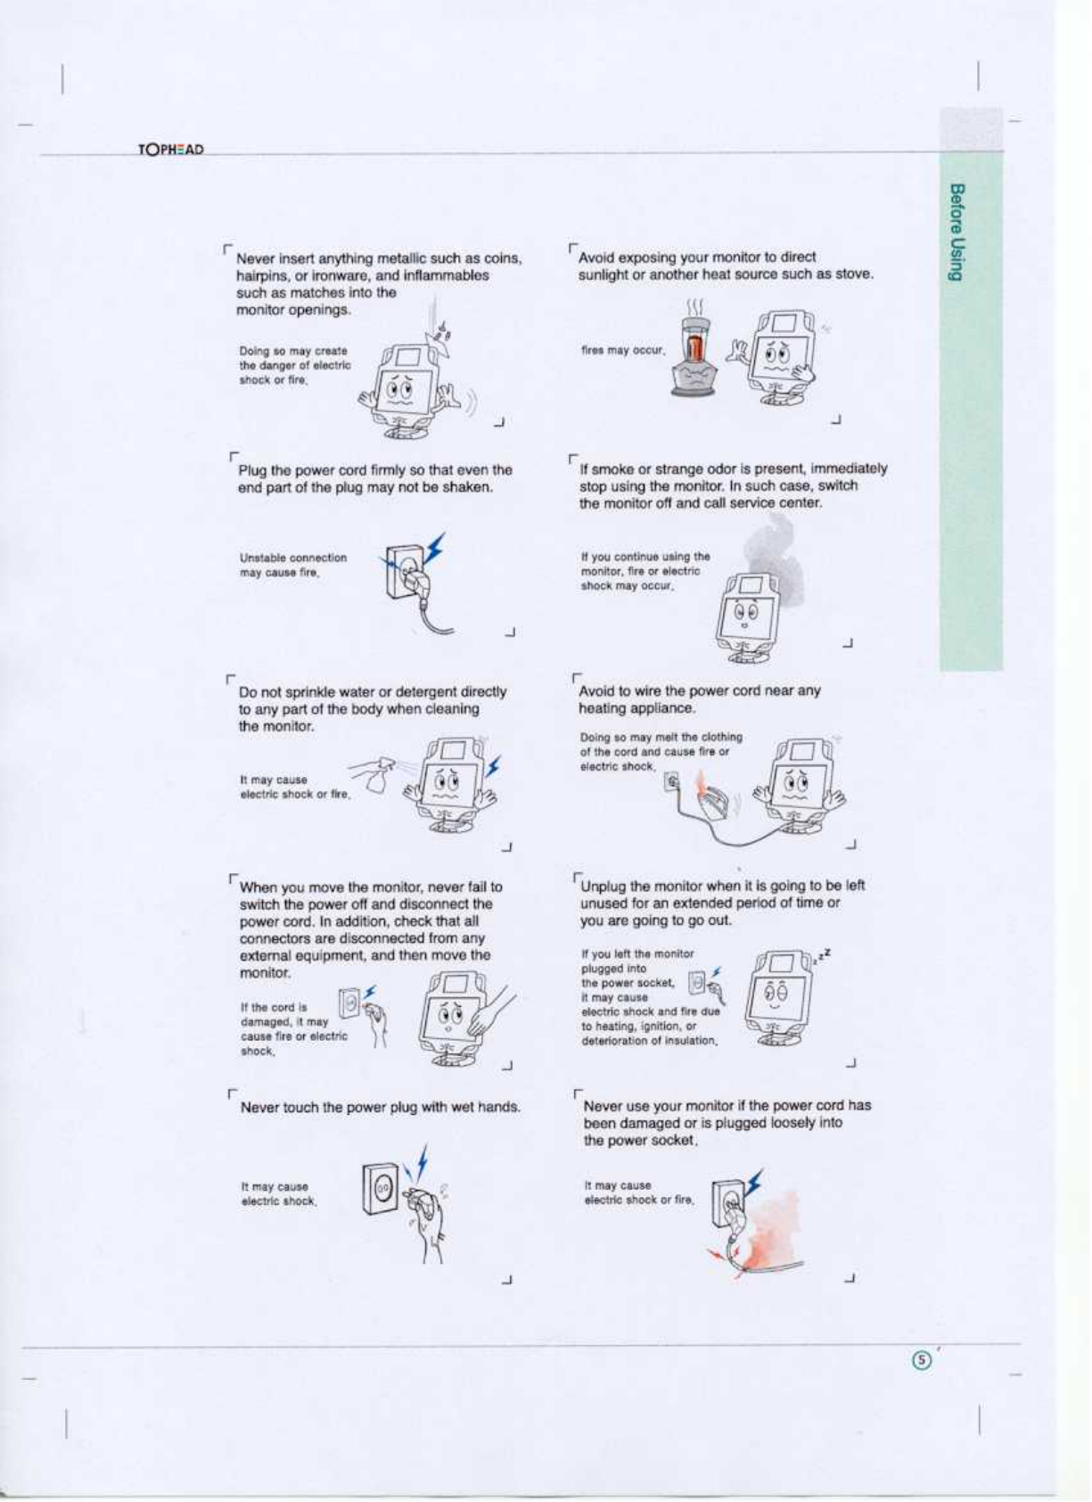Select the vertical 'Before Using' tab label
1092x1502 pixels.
(957, 233)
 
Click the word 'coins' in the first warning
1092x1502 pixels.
(502, 259)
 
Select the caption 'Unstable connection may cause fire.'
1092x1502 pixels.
(292, 565)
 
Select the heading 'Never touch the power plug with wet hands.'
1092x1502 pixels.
(381, 1108)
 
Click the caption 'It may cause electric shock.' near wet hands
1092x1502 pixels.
(278, 1194)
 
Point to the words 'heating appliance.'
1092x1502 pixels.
(636, 708)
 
